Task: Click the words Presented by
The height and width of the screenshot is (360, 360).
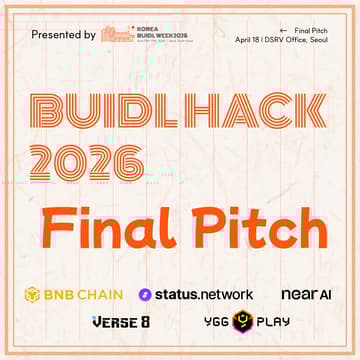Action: click(x=63, y=34)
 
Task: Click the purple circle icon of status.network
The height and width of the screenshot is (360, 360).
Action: click(x=145, y=295)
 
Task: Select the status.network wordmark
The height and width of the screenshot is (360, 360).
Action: click(x=203, y=295)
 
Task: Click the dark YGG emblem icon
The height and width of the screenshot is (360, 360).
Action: click(x=239, y=324)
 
